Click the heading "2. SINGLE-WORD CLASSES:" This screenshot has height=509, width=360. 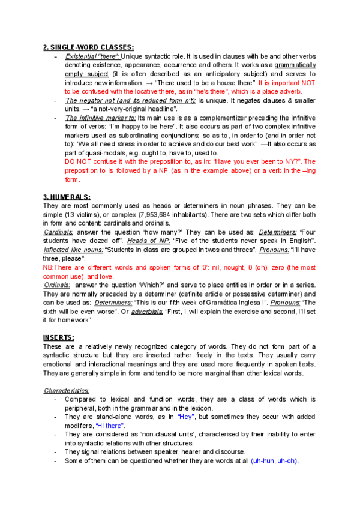tap(89, 47)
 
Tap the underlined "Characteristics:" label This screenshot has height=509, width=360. tap(67, 390)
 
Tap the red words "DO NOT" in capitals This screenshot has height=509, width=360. tap(77, 161)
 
